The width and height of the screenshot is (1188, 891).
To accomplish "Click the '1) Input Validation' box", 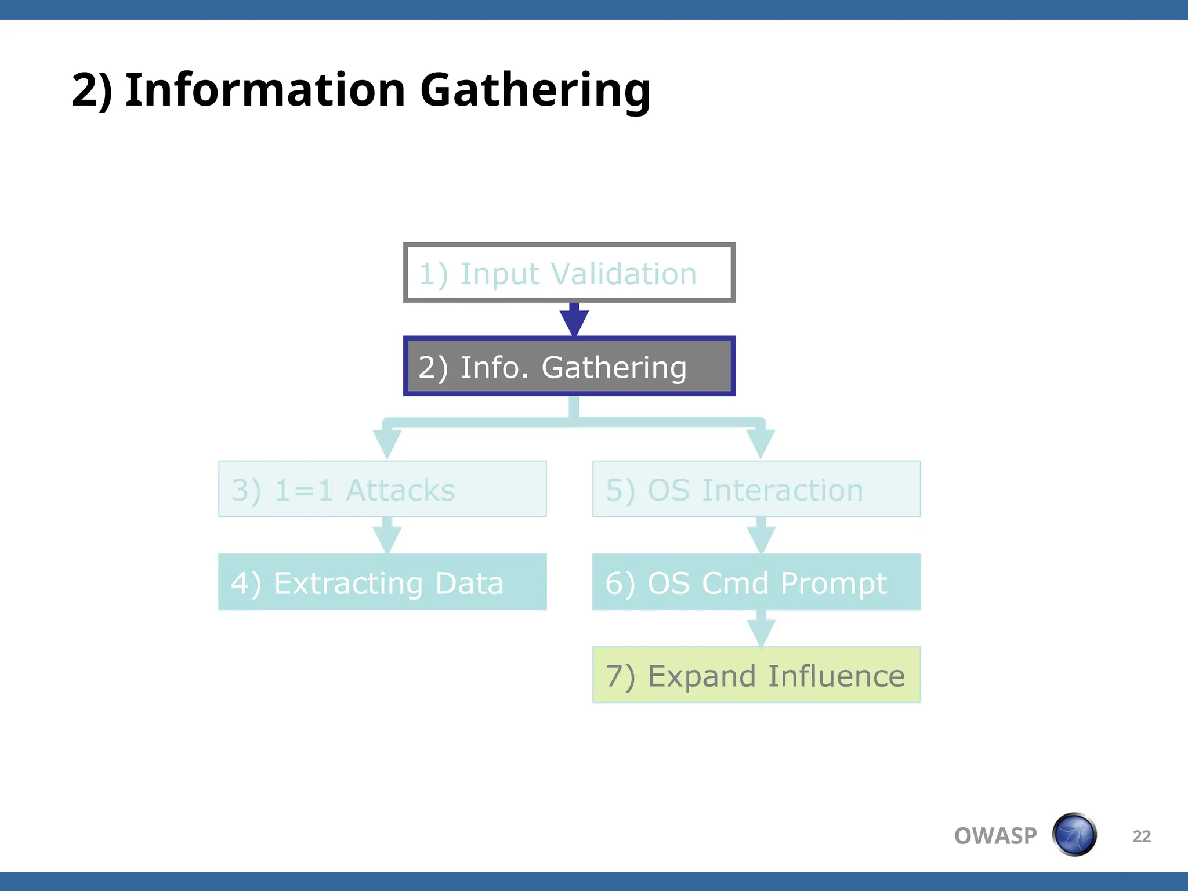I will point(569,273).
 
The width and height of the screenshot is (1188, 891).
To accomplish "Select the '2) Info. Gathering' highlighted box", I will point(569,367).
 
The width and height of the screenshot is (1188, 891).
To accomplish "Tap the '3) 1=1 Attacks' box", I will point(382,489).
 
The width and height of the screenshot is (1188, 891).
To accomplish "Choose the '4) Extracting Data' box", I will point(382,582).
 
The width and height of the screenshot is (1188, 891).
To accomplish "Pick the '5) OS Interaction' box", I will point(756,489).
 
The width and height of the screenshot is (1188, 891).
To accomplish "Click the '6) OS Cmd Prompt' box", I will point(756,582).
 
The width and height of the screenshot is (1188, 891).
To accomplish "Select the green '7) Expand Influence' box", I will point(756,675).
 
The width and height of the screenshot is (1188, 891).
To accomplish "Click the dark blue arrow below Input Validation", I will point(574,320).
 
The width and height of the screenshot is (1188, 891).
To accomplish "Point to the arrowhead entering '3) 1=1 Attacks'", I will point(387,444).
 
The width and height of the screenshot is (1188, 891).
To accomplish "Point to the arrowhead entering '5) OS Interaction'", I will point(760,444).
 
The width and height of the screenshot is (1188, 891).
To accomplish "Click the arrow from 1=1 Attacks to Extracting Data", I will point(387,536).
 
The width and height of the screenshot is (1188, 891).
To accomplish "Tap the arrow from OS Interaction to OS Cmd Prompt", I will point(761,536).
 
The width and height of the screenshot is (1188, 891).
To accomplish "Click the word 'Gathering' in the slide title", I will point(535,90).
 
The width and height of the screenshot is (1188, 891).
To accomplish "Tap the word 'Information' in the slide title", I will point(265,90).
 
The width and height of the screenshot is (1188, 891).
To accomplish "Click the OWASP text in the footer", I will point(995,836).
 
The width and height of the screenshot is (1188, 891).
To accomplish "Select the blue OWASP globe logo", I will point(1074,835).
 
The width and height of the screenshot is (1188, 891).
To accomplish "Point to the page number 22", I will point(1141,836).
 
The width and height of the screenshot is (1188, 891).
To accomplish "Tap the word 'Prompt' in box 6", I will point(834,584).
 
